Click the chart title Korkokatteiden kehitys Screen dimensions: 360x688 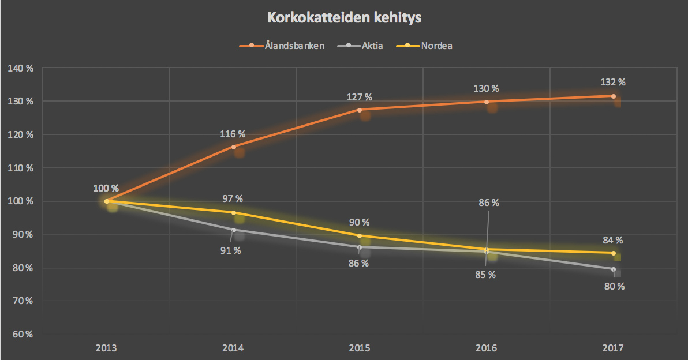tap(344, 18)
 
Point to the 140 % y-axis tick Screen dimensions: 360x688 tap(21, 68)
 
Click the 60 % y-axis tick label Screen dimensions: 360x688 tap(21, 334)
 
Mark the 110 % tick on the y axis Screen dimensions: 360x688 tap(21, 168)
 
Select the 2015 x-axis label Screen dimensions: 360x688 tap(360, 348)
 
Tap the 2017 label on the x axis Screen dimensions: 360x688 tap(613, 348)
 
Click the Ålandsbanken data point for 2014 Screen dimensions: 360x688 tap(234, 147)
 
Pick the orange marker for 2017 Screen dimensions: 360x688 tap(613, 96)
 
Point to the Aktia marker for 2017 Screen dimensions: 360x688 tap(613, 269)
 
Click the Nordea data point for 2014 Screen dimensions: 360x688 tap(234, 213)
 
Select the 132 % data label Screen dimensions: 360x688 tap(613, 82)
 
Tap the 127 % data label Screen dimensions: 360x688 tap(360, 96)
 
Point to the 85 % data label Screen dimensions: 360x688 tap(484, 275)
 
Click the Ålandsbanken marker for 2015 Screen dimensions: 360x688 tap(360, 110)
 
